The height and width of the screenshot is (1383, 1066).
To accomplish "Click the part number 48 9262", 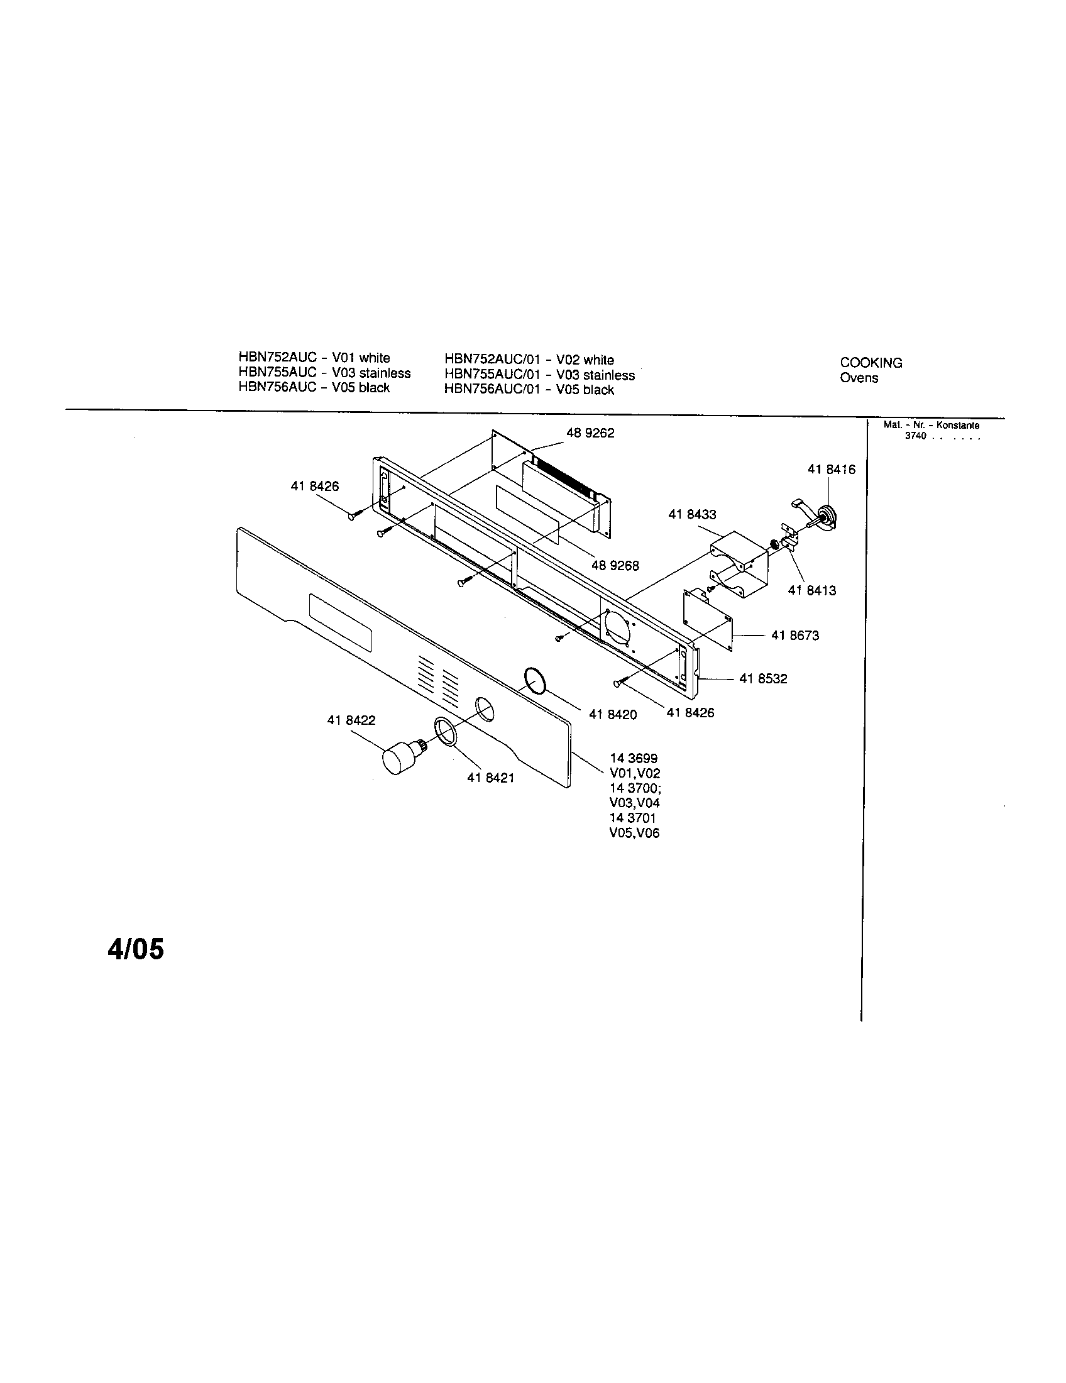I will point(590,433).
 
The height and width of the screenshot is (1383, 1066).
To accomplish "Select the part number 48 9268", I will point(615,566).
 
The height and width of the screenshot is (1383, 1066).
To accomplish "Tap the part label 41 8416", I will point(830,469).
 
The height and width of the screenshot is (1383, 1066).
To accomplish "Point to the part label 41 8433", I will point(692,514).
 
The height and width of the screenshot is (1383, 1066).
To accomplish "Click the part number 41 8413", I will point(811,590).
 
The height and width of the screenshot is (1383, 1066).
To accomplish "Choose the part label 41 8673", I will point(794,635).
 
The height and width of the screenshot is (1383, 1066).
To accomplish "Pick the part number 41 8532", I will point(763,679).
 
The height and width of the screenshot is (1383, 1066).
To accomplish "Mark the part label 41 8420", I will point(612,714).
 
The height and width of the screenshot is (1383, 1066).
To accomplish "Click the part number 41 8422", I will point(351,720).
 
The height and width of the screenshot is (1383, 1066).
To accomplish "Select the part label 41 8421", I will point(490,778).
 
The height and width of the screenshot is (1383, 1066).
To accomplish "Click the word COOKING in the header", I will point(871,363).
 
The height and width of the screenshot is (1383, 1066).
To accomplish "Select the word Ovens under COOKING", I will point(859,378).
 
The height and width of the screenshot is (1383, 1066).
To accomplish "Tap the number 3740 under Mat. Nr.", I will point(915,436).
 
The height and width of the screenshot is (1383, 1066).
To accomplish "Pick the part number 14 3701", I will point(632,818).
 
